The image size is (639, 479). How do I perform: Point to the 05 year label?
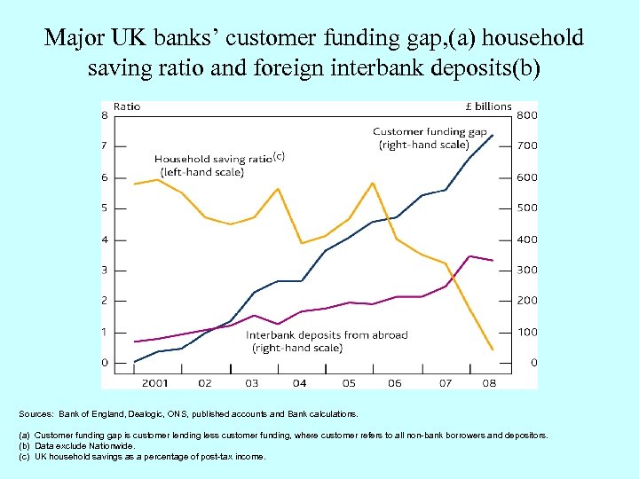click(348, 383)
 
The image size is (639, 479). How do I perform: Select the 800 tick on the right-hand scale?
click(526, 115)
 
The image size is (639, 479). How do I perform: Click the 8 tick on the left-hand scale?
click(105, 115)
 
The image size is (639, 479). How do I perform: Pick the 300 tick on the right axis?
click(526, 270)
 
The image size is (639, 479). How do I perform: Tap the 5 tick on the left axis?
click(105, 208)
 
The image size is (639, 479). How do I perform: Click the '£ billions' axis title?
click(489, 106)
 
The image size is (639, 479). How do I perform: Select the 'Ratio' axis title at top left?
click(127, 106)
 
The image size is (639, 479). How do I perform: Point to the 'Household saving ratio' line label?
click(213, 160)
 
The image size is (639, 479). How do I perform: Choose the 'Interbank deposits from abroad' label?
click(327, 334)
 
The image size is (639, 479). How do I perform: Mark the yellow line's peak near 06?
click(372, 183)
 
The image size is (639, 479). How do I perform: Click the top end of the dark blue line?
click(493, 135)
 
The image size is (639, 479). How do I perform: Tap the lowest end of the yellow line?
click(493, 349)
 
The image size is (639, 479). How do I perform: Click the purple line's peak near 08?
click(470, 256)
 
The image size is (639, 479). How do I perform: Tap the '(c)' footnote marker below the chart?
click(25, 456)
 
